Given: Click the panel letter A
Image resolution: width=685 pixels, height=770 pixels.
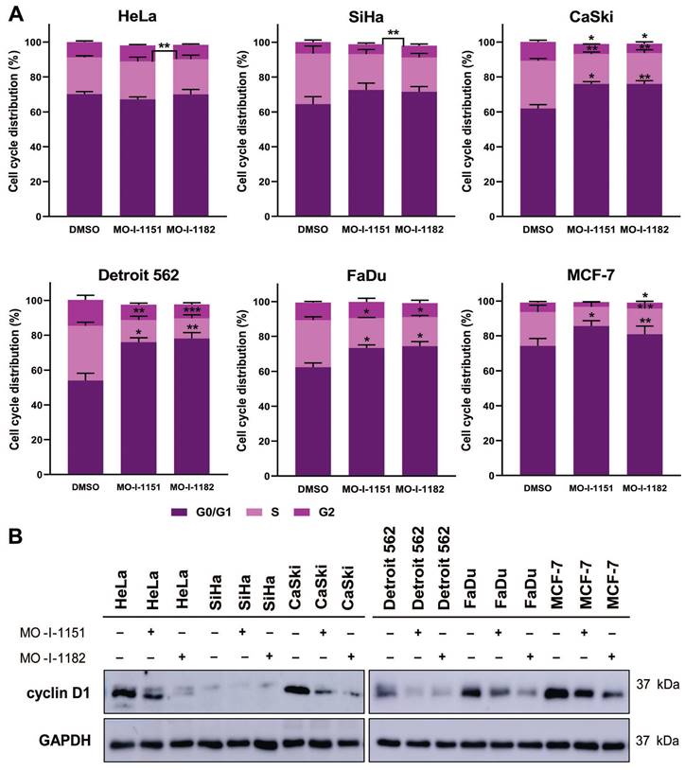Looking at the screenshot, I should click(x=16, y=12).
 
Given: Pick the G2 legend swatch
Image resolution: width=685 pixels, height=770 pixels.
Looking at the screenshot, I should click(x=345, y=512).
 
